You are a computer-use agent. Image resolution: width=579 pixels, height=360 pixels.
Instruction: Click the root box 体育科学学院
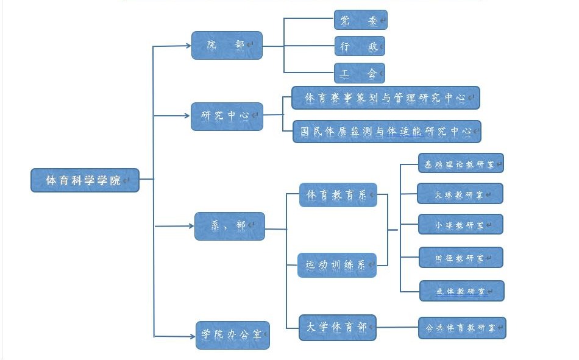(x=85, y=180)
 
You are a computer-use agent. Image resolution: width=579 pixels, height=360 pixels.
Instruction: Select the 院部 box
(x=227, y=45)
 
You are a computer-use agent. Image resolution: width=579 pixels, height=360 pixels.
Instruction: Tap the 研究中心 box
(x=227, y=116)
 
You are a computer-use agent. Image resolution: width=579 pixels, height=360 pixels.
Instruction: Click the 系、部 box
(x=229, y=226)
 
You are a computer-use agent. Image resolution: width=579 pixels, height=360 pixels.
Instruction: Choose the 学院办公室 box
(x=232, y=334)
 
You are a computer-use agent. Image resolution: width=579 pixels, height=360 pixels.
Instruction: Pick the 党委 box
(x=360, y=19)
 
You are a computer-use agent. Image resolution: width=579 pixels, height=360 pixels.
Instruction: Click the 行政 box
(x=360, y=46)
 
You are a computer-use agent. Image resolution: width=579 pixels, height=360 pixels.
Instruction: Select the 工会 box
(x=360, y=73)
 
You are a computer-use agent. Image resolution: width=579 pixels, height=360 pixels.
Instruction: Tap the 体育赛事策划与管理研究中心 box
(x=385, y=97)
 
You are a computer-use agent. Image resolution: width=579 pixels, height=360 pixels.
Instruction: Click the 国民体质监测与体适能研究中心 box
(x=386, y=131)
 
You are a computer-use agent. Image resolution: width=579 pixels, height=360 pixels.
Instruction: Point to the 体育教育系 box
(x=338, y=195)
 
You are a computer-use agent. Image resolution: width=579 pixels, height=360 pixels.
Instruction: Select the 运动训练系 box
(x=336, y=265)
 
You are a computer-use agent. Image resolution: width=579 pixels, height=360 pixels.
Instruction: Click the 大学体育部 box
(x=337, y=327)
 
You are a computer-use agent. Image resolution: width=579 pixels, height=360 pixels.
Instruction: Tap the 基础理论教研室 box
(x=460, y=163)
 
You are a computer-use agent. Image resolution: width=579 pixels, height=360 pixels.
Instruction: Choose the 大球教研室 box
(x=460, y=194)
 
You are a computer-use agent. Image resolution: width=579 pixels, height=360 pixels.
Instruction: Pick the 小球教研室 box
(x=460, y=224)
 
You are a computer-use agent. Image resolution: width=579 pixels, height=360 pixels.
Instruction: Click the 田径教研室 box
(x=461, y=257)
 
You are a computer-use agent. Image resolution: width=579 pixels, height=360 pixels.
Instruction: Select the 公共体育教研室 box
(x=462, y=328)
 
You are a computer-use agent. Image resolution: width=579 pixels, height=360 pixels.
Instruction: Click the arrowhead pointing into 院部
(x=188, y=45)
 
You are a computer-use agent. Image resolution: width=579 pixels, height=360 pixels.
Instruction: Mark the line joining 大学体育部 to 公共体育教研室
(x=397, y=328)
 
